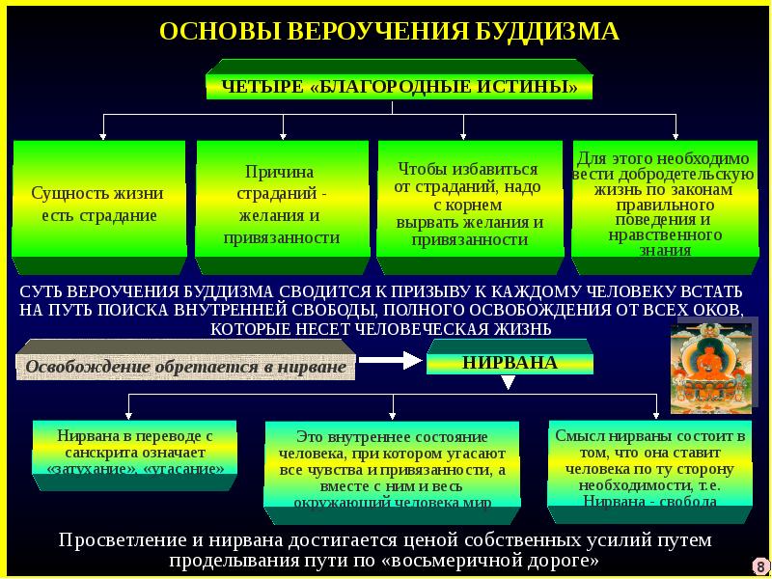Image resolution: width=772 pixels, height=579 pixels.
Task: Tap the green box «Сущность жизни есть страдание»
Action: click(98, 203)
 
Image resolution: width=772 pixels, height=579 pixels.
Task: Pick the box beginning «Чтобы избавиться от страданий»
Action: click(470, 203)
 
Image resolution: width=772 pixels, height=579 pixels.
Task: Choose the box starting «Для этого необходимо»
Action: click(663, 203)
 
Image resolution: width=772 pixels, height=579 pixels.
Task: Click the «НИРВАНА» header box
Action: click(510, 363)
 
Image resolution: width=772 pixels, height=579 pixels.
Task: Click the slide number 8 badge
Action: click(760, 565)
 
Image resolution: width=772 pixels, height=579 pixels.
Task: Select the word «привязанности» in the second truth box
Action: click(282, 237)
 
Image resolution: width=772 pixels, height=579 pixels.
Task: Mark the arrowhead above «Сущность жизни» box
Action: click(103, 135)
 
